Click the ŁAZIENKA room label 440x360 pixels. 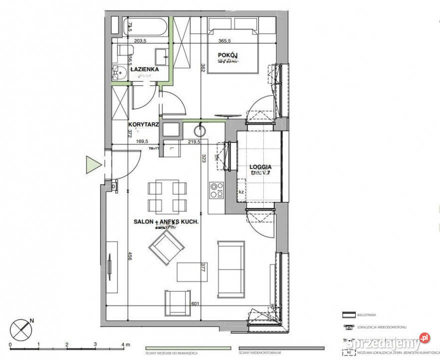coord(144,69)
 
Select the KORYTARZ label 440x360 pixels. coord(143,124)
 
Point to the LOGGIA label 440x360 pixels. coord(260,167)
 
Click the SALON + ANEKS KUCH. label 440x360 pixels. coord(166,221)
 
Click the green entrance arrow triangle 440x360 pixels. coord(93,164)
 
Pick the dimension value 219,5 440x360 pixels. coord(194,141)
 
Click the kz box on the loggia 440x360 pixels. coord(241,191)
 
